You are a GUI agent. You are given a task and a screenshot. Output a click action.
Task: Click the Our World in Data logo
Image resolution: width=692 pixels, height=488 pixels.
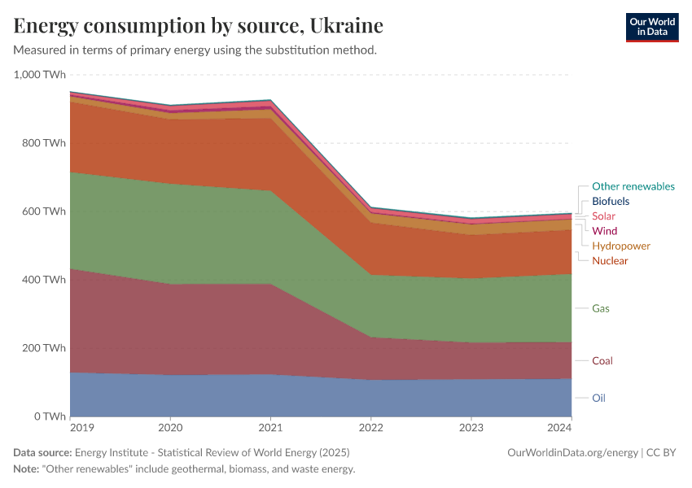[x=651, y=27]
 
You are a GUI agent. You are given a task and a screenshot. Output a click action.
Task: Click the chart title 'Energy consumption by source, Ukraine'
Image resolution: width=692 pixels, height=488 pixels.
[x=199, y=26]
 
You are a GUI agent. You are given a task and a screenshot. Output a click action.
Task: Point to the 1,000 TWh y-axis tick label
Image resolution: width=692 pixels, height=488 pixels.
[x=40, y=75]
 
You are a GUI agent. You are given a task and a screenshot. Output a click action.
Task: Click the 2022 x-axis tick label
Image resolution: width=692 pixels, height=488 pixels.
[x=371, y=427]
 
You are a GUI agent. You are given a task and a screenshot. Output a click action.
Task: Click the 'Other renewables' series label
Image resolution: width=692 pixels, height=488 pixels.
[x=633, y=186]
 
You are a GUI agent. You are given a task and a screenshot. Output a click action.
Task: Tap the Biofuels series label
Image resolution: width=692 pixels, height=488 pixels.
[x=611, y=201]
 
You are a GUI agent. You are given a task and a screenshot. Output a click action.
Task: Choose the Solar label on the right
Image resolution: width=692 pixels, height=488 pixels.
[x=603, y=216]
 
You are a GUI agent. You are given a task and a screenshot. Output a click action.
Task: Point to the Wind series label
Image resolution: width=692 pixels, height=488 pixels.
[x=604, y=231]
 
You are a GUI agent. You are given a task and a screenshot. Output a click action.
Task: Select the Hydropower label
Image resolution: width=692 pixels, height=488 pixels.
[x=621, y=246]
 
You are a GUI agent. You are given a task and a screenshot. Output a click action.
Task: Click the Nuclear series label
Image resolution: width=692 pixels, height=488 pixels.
[x=610, y=260]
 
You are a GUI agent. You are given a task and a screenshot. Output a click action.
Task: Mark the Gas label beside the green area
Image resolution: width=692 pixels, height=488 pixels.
[x=601, y=308]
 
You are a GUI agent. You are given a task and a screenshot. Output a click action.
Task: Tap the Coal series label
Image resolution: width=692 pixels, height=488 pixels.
[x=602, y=360]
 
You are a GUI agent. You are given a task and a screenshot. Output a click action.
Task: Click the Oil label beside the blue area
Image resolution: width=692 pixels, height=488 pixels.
[x=599, y=398]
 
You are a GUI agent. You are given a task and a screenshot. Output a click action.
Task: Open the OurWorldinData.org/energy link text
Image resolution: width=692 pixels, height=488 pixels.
[x=572, y=452]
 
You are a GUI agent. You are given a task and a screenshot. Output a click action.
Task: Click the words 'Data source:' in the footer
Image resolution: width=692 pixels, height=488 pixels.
[x=42, y=452]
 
